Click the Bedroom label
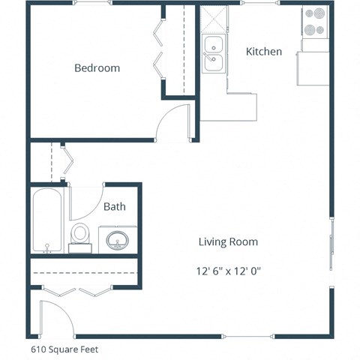pos(97,68)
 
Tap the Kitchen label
pos(264,52)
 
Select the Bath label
pos(115,207)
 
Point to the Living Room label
pos(228,241)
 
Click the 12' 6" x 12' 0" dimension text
pos(228,271)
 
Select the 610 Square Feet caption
pos(64,349)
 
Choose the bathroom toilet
pos(79,235)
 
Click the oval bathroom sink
pos(118,241)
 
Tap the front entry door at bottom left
pos(56,318)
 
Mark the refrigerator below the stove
pos(313,68)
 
